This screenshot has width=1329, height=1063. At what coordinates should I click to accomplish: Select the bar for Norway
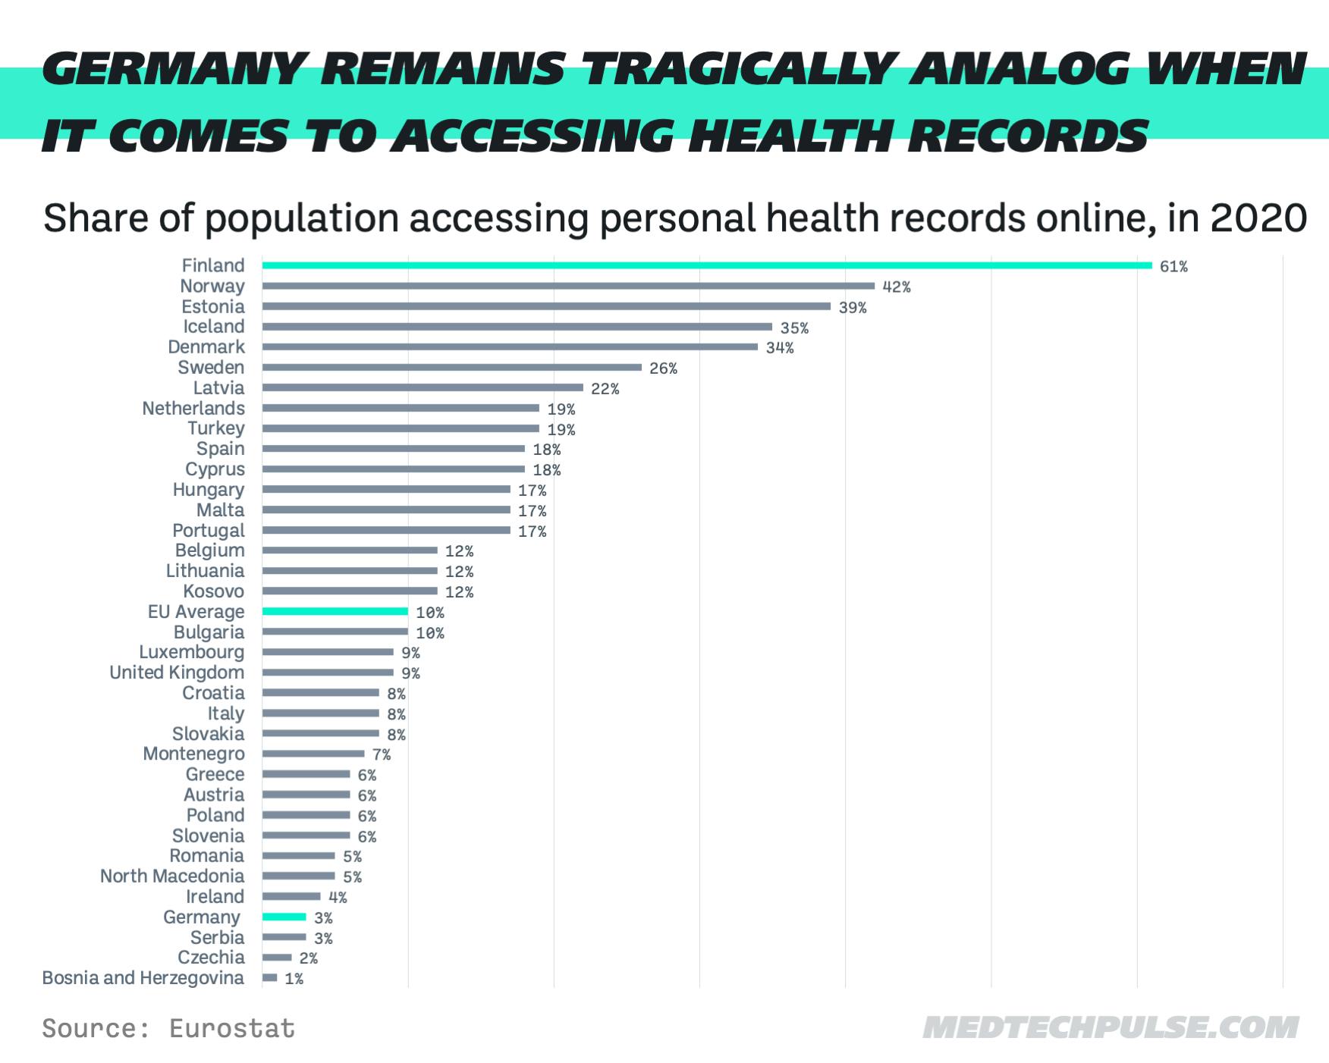coord(568,286)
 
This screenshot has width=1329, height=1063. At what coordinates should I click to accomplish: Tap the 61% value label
coord(1173,266)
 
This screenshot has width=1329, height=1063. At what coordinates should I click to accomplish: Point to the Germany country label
coord(202,917)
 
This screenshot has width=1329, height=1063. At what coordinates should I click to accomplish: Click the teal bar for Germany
coord(284,917)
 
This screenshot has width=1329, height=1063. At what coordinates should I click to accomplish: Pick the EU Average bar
coord(335,611)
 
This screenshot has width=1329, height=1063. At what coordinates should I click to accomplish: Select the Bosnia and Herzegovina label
coord(143,977)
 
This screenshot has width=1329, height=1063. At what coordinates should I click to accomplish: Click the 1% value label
coord(294,979)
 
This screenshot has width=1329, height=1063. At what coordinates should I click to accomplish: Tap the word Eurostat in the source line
coord(232,1028)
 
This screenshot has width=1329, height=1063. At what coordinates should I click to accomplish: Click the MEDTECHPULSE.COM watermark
coord(1111,1028)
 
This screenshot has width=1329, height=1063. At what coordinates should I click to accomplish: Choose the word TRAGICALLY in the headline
coord(741,70)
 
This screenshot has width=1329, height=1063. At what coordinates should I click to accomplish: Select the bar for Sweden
coord(452,367)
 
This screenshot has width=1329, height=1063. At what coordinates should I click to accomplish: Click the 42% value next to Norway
coord(896,287)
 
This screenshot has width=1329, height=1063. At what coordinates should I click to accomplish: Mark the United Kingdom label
coord(177,673)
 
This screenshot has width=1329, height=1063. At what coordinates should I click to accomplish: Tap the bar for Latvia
coord(423,387)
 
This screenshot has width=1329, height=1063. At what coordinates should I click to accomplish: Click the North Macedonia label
coord(172,876)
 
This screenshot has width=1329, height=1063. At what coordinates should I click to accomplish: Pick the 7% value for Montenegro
coord(381,754)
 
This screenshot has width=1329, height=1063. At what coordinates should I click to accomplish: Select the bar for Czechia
coord(277,957)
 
